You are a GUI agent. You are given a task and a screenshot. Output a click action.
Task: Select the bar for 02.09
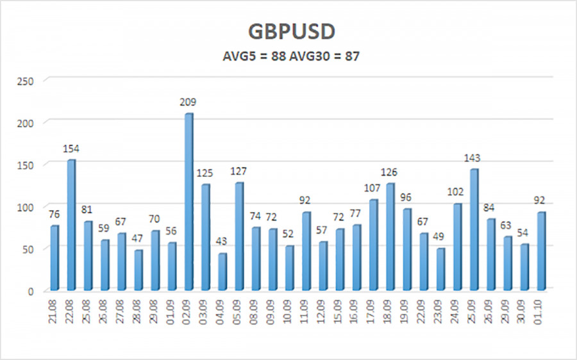(188, 202)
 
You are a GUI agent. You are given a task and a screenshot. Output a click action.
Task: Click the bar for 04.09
(222, 271)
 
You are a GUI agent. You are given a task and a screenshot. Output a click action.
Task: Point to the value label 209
(188, 102)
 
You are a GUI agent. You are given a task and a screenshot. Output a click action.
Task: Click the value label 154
(71, 149)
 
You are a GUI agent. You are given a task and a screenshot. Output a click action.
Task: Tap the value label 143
(473, 158)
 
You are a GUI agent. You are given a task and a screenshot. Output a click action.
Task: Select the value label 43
(222, 242)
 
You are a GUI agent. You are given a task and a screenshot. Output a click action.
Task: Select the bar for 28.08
(138, 270)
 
